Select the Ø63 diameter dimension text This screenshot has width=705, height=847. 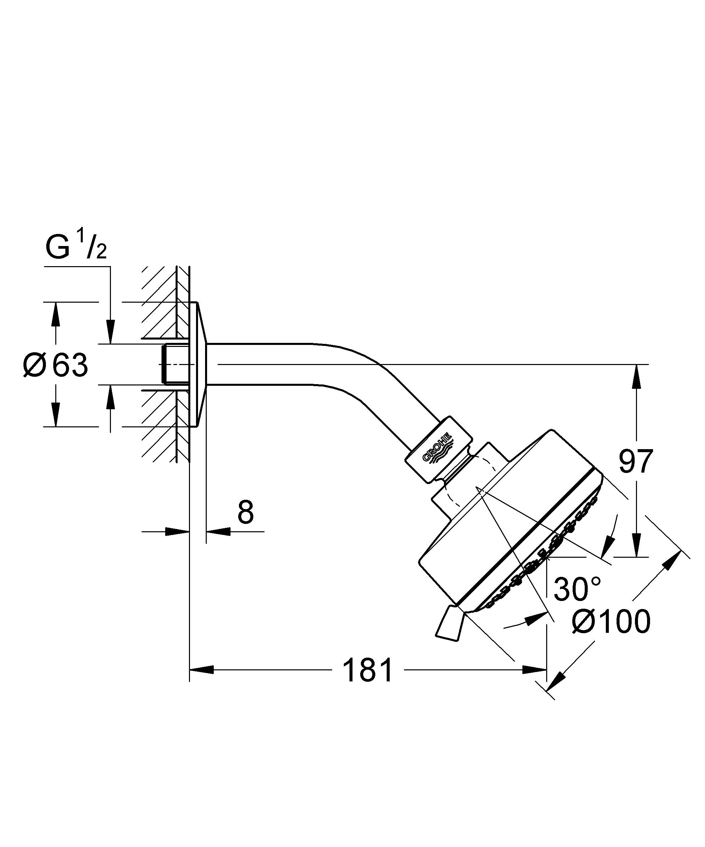tap(56, 365)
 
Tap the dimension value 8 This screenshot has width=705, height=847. tap(245, 512)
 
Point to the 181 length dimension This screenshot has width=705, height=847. tap(367, 670)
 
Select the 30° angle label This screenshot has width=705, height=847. tap(577, 589)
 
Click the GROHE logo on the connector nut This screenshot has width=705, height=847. tap(438, 449)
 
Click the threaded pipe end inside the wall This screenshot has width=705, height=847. tap(169, 364)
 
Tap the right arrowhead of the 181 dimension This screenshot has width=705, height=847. tap(535, 670)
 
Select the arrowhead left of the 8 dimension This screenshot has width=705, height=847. tap(178, 532)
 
